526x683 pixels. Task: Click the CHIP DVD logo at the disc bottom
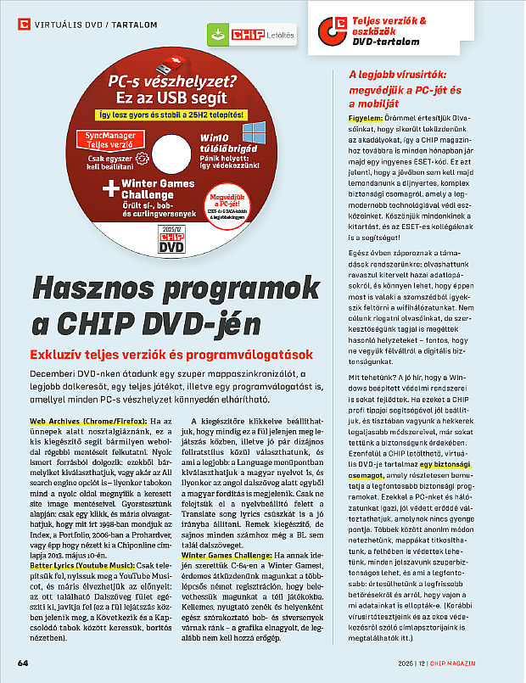(x=171, y=241)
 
